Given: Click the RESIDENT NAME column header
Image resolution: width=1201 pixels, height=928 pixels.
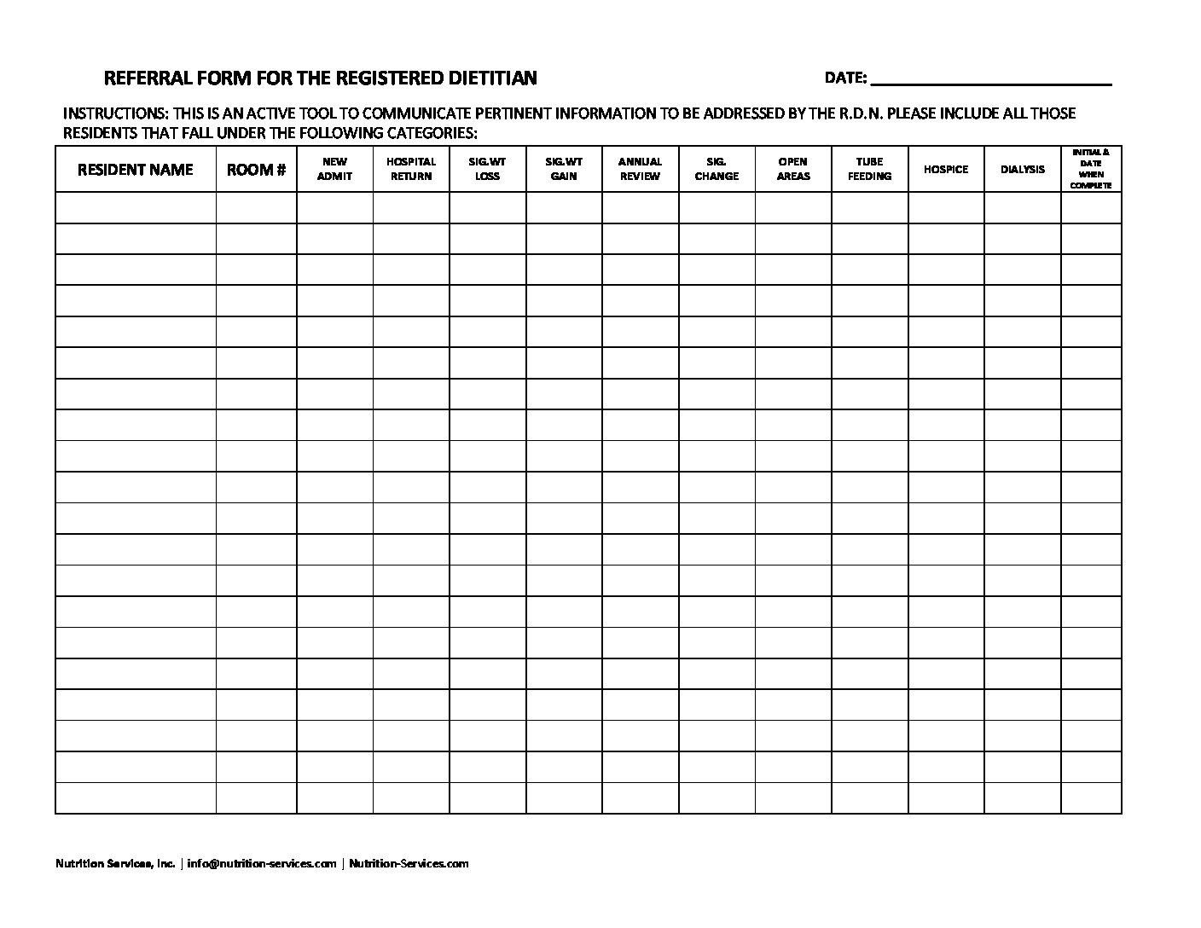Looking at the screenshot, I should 135,169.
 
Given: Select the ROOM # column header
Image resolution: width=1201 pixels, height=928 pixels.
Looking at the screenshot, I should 256,169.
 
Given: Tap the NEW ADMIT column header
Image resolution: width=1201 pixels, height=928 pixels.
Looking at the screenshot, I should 334,169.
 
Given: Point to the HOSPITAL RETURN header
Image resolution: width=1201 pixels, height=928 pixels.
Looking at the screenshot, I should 411,169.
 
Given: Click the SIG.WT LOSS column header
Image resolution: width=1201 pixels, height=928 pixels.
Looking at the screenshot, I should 487,169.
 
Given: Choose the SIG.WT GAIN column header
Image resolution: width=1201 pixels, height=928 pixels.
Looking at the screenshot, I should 564,169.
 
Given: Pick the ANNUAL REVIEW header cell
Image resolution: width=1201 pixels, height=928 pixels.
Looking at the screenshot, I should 640,169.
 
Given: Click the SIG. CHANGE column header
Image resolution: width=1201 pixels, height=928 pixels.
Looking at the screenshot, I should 717,169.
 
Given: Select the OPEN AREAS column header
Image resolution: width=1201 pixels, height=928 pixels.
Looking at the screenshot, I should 793,169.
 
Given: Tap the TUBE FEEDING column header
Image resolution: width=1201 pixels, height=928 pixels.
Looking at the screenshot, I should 869,169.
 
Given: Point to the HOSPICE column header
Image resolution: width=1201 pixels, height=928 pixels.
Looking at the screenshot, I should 946,169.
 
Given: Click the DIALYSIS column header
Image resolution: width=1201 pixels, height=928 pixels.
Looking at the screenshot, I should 1022,169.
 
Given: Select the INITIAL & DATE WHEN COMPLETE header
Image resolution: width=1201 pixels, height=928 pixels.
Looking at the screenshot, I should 1091,169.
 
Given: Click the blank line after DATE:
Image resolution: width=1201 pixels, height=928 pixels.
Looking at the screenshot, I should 990,79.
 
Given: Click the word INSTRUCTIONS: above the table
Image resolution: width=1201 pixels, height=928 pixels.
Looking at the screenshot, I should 115,113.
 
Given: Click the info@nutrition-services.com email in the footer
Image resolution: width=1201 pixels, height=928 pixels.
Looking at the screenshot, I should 262,863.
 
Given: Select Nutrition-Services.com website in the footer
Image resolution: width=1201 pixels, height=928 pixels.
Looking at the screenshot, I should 409,863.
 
